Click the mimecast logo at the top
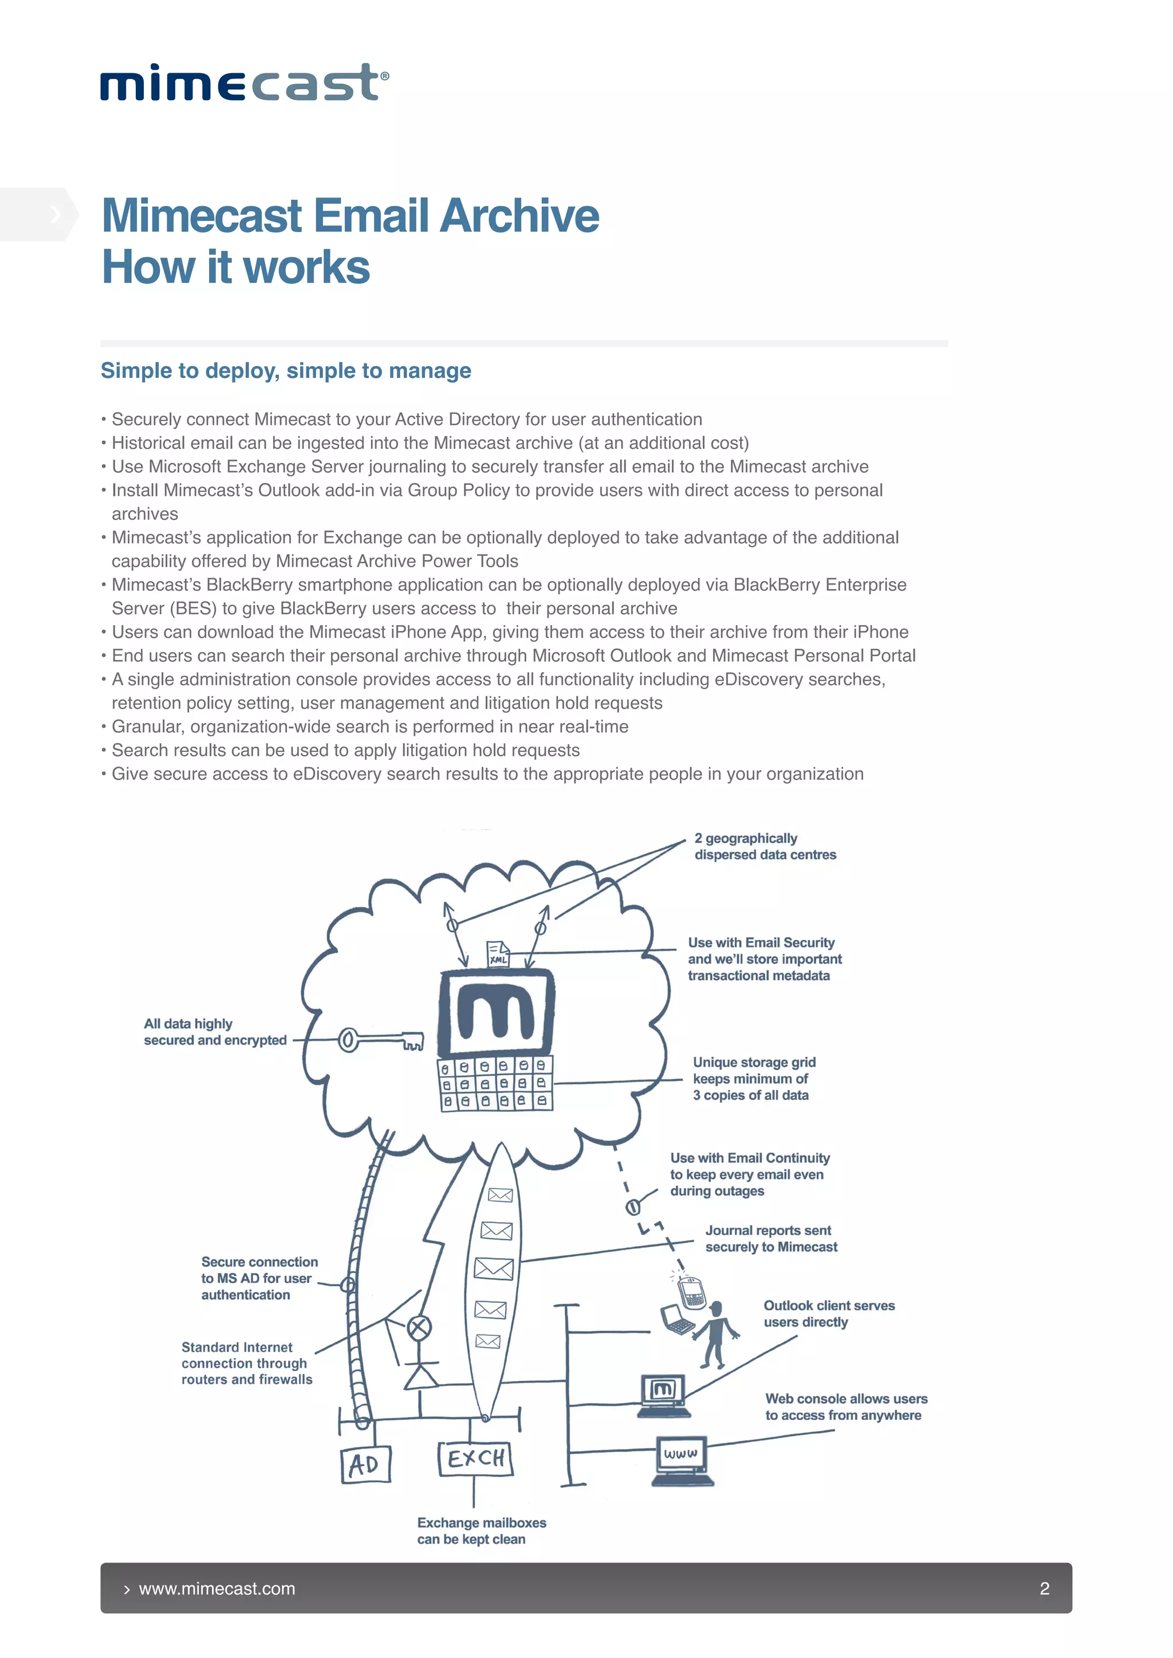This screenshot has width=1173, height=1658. pyautogui.click(x=244, y=82)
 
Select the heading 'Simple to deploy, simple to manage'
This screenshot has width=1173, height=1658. pyautogui.click(x=285, y=370)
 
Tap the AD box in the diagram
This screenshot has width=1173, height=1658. pyautogui.click(x=365, y=1464)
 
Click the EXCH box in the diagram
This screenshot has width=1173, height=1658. pyautogui.click(x=475, y=1459)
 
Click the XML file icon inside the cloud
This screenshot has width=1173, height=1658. pyautogui.click(x=498, y=953)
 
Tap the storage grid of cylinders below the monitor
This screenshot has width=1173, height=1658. pyautogui.click(x=495, y=1083)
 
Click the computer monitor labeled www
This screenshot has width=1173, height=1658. pyautogui.click(x=681, y=1457)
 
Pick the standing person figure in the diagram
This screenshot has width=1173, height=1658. pyautogui.click(x=715, y=1335)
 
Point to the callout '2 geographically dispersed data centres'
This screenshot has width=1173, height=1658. pyautogui.click(x=764, y=846)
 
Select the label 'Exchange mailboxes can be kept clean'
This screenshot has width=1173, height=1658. pyautogui.click(x=481, y=1530)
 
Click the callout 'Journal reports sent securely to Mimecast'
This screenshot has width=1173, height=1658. pyautogui.click(x=771, y=1238)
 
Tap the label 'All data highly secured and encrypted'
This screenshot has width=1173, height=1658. pyautogui.click(x=215, y=1032)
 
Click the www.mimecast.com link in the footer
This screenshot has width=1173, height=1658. pyautogui.click(x=217, y=1589)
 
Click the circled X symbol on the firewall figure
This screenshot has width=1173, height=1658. pyautogui.click(x=420, y=1327)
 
